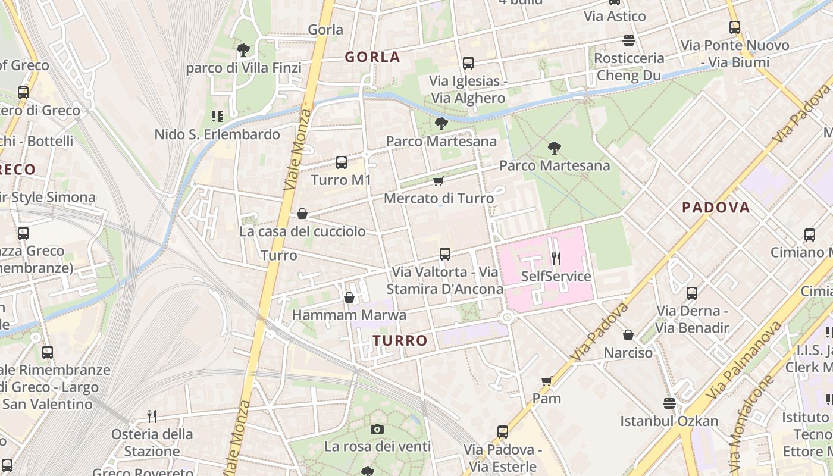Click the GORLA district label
point(372,57)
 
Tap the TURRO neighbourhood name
point(400,340)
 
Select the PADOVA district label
point(716,208)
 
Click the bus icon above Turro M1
point(341,162)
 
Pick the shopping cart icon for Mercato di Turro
point(439,181)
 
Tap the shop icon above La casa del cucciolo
point(302,214)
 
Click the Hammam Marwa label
point(349,315)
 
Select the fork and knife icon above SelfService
point(556,258)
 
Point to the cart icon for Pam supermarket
point(546,381)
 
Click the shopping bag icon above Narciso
point(628,336)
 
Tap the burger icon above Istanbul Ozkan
point(669,403)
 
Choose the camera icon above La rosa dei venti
point(377,429)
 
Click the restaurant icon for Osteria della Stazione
point(152,416)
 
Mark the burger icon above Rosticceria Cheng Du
point(629,40)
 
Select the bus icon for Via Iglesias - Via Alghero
point(468,63)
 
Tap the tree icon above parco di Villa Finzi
point(243,50)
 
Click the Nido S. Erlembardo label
point(217,134)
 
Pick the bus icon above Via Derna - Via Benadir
point(691,293)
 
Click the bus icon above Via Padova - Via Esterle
point(503,432)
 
